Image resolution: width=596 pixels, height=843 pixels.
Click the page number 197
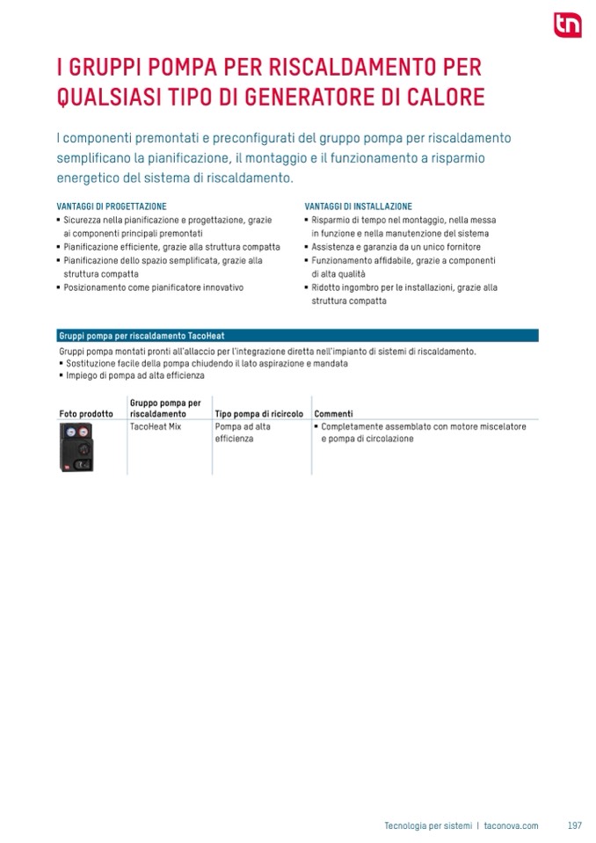(x=575, y=825)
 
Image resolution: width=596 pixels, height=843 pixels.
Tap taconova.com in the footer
(x=511, y=825)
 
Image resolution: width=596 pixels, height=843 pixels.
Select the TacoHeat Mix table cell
(x=155, y=426)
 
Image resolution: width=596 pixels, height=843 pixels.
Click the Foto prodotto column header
(x=86, y=413)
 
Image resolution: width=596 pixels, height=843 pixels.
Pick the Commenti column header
(x=333, y=413)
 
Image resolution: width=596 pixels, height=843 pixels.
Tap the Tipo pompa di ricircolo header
(x=258, y=413)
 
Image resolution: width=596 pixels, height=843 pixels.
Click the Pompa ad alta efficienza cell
(x=243, y=432)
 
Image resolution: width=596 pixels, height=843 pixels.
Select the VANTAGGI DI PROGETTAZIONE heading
(x=111, y=207)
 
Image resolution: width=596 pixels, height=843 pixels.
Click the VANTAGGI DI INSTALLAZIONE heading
(x=358, y=207)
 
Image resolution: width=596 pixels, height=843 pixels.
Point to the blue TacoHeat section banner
(x=296, y=335)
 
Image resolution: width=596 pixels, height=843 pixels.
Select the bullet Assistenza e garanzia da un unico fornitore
(x=396, y=247)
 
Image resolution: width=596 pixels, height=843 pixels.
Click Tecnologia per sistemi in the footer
(x=428, y=825)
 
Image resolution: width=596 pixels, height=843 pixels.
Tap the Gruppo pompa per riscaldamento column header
(x=165, y=408)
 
